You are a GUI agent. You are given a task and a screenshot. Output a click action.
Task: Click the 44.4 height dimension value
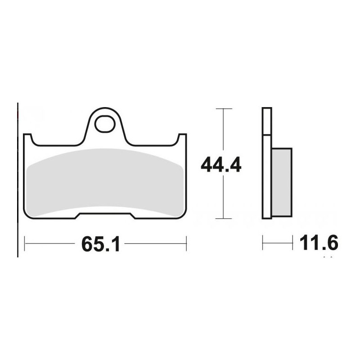point(221,165)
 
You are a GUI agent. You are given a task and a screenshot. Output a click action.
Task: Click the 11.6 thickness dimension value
point(318,243)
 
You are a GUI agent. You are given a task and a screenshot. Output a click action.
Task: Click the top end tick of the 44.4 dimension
point(224,109)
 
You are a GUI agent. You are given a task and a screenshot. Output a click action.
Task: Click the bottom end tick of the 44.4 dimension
point(224,219)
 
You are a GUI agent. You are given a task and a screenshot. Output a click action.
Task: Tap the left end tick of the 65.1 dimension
point(24,244)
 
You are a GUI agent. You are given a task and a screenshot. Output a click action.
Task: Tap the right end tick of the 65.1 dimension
point(186,244)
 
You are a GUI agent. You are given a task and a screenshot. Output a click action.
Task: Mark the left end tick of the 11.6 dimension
point(263,243)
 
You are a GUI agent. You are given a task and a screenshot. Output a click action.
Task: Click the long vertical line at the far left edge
point(18,180)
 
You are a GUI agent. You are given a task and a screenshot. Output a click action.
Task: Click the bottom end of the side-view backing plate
point(267,216)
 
